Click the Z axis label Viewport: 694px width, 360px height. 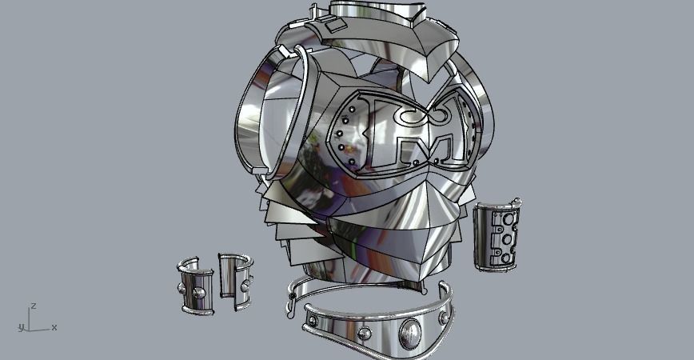coord(33,306)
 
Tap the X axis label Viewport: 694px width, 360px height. coord(54,327)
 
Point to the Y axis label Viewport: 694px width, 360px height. coord(18,328)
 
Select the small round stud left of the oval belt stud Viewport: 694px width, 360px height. coord(364,332)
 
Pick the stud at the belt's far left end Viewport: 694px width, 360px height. coord(313,321)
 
